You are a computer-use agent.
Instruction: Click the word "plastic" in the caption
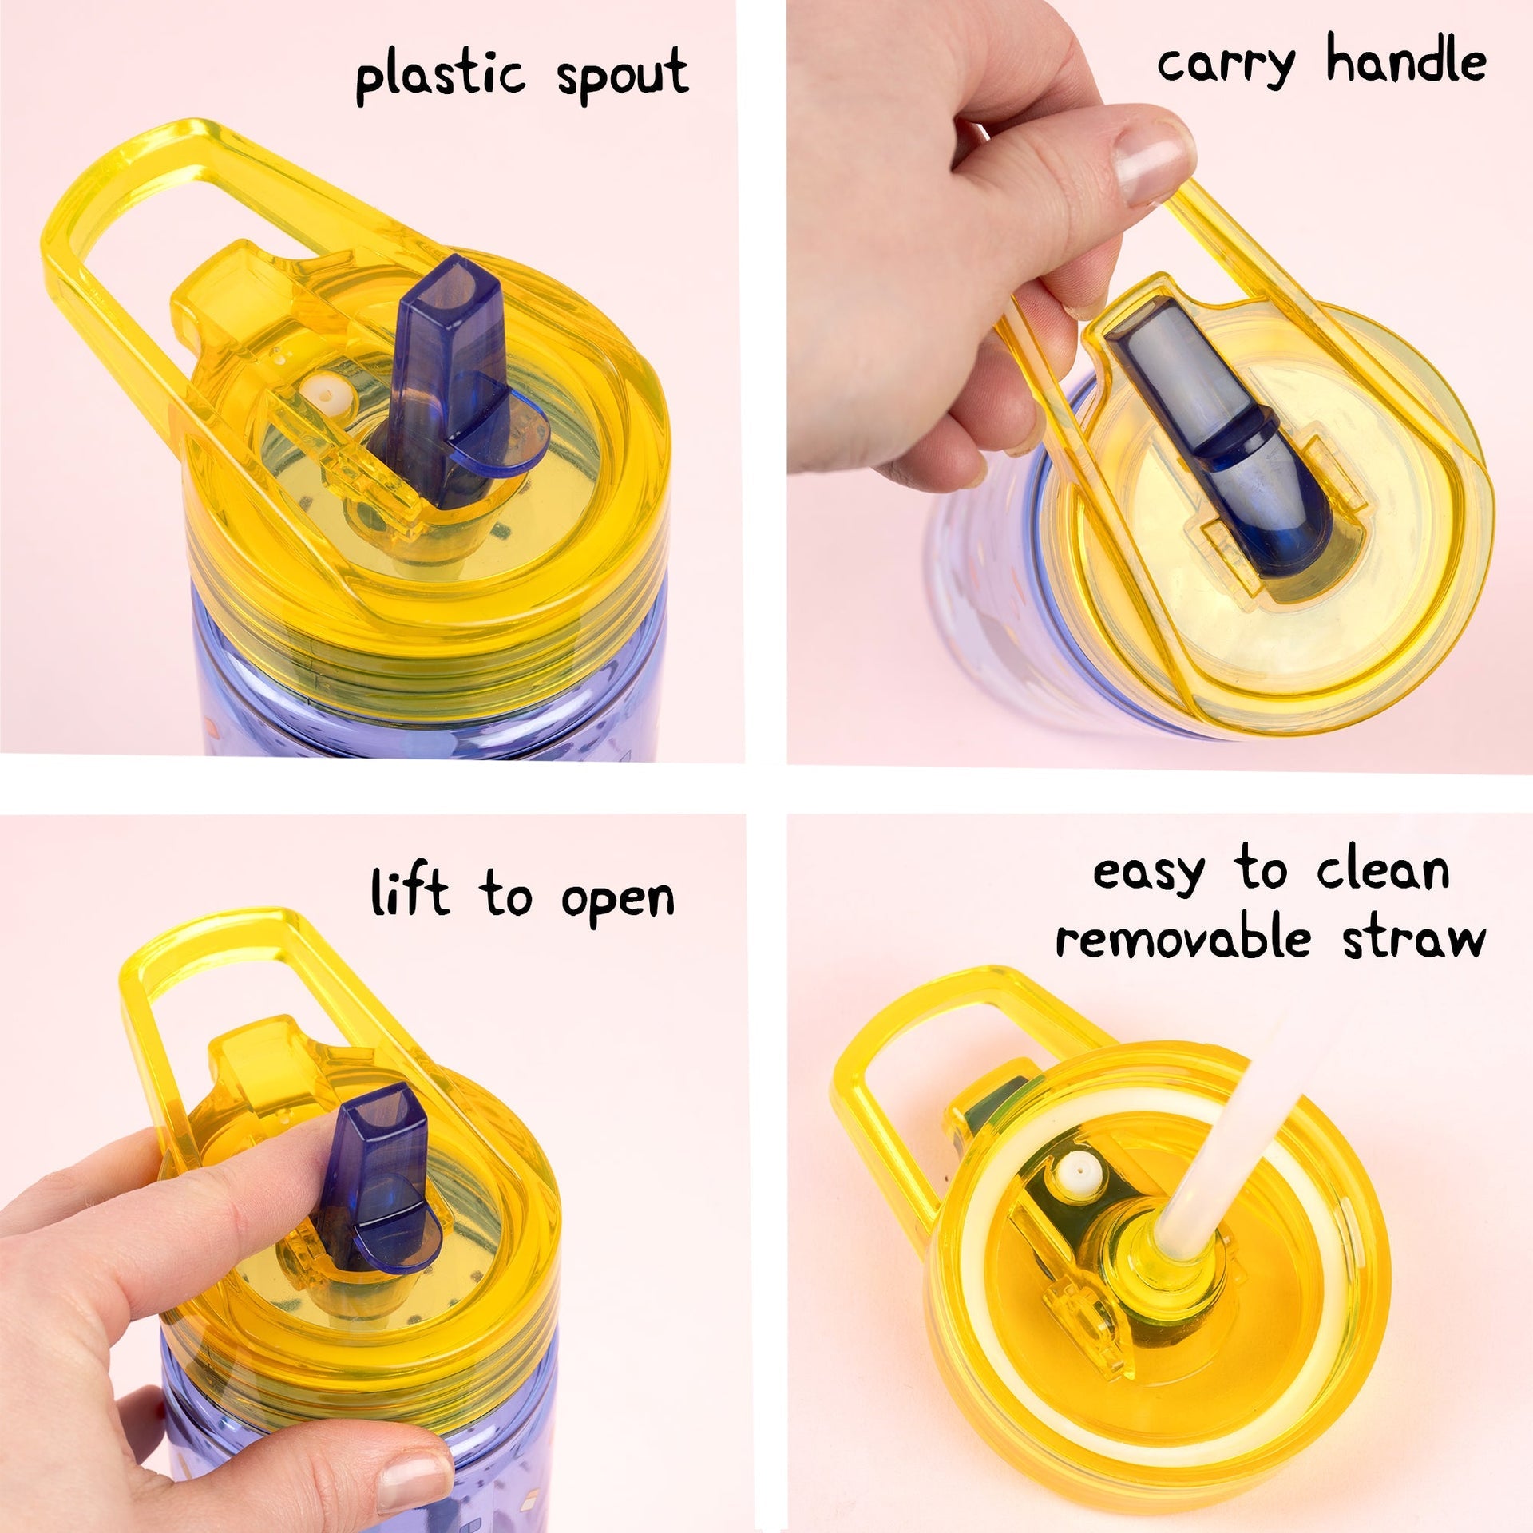point(440,77)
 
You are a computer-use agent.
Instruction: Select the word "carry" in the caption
point(1226,63)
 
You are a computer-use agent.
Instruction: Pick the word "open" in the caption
point(617,901)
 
